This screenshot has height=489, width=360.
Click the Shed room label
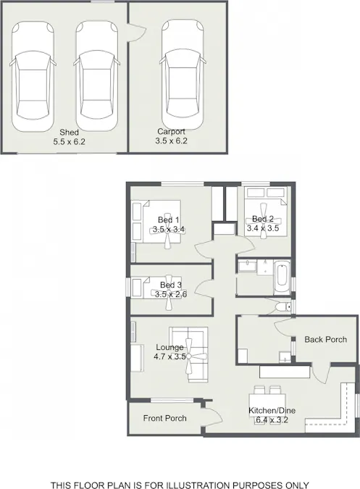pyautogui.click(x=69, y=133)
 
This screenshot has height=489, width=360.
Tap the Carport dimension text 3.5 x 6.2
pyautogui.click(x=171, y=141)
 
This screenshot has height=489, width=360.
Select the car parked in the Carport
pyautogui.click(x=183, y=74)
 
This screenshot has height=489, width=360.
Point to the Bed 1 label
pyautogui.click(x=168, y=220)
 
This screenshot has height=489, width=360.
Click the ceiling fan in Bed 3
pyautogui.click(x=169, y=293)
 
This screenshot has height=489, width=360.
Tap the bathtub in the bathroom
pyautogui.click(x=282, y=277)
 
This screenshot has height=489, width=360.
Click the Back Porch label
pyautogui.click(x=325, y=339)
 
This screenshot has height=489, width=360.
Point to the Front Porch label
pyautogui.click(x=164, y=418)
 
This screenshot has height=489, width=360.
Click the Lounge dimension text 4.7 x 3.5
pyautogui.click(x=169, y=356)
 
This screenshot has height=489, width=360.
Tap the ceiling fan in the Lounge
pyautogui.click(x=189, y=356)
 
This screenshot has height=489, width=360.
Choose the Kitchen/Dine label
pyautogui.click(x=272, y=411)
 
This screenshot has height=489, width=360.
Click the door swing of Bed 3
pyautogui.click(x=204, y=289)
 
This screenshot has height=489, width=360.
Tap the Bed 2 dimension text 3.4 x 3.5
pyautogui.click(x=263, y=228)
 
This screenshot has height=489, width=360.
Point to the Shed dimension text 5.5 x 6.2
pyautogui.click(x=69, y=141)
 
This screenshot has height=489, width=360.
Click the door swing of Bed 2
pyautogui.click(x=246, y=244)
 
